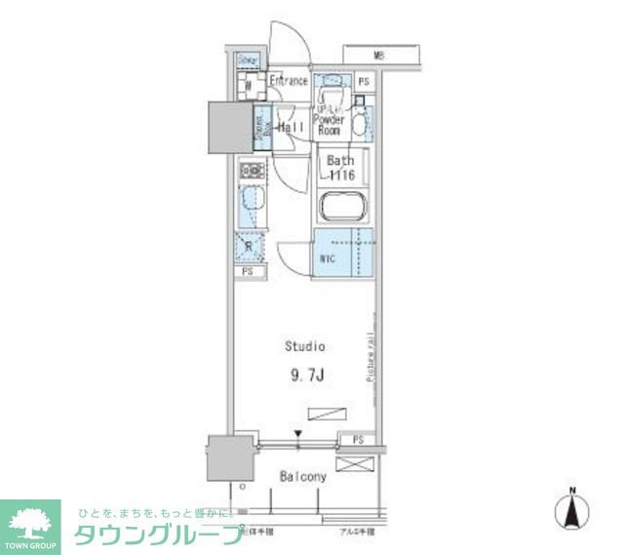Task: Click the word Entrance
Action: coord(289,81)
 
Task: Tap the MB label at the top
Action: coord(377,56)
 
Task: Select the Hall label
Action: coord(291,128)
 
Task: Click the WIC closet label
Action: coord(328,259)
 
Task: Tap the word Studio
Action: coord(304,346)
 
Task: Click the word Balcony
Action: coord(304,478)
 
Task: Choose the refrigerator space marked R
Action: coord(250,247)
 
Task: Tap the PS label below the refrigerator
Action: coord(248,271)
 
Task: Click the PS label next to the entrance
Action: coord(363,83)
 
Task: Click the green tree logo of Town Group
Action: coord(31,520)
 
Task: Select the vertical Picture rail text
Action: coord(371,359)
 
